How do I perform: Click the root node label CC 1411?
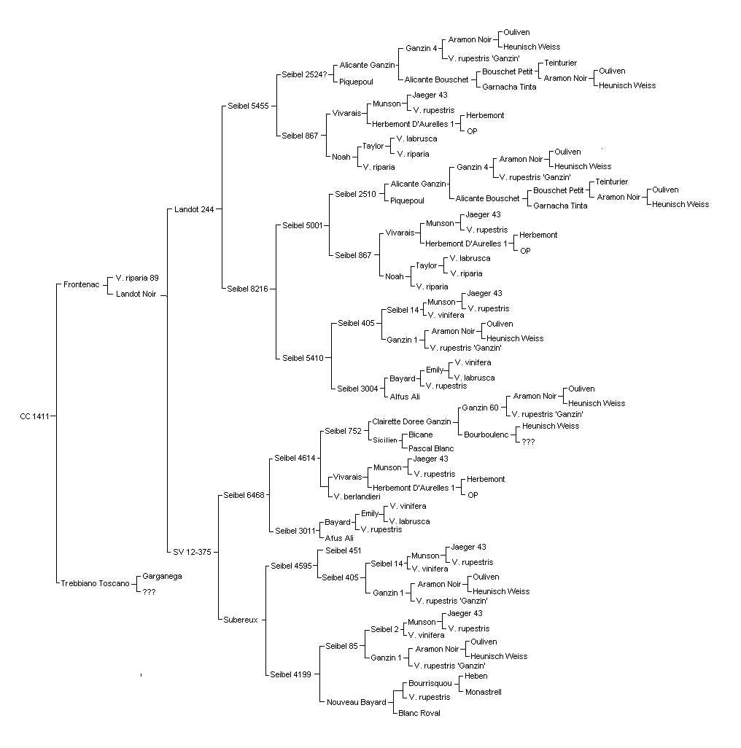coord(35,416)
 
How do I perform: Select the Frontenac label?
coord(82,285)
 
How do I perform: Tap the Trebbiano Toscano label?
coord(95,583)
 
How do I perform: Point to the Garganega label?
coord(162,576)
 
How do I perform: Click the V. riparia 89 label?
coord(137,278)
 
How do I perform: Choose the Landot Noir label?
coord(136,294)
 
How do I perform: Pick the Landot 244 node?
coord(194,209)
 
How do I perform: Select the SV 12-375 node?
coord(192,552)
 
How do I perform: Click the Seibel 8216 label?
coord(248,289)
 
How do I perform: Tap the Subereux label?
coord(241,620)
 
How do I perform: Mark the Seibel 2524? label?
coord(304,74)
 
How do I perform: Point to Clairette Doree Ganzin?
coord(411,421)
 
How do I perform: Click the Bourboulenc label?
coord(486,435)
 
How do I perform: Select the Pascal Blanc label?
coord(431,448)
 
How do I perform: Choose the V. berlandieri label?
coord(357,496)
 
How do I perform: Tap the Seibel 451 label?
coord(343,550)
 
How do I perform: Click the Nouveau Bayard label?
coord(357,702)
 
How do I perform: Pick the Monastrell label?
coord(484,692)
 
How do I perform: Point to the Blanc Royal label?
coord(419,713)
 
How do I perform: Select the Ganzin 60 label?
coord(480,408)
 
